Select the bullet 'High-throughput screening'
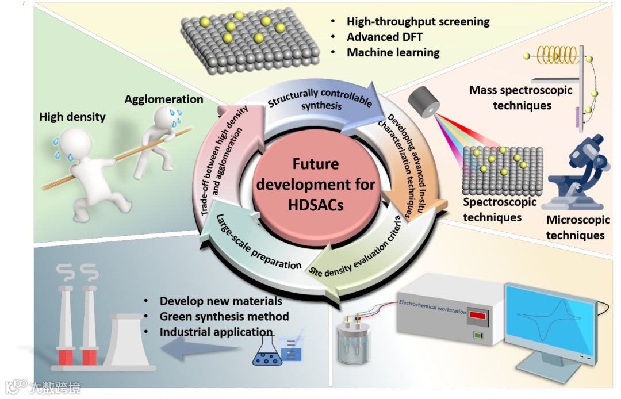coord(418,22)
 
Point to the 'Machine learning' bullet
coord(393,52)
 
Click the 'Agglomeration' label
coord(164,99)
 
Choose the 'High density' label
coord(72,117)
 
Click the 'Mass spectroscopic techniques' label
coord(522,98)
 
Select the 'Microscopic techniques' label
coord(577,228)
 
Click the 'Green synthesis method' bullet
coord(224,316)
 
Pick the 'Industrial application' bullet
coord(216,332)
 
